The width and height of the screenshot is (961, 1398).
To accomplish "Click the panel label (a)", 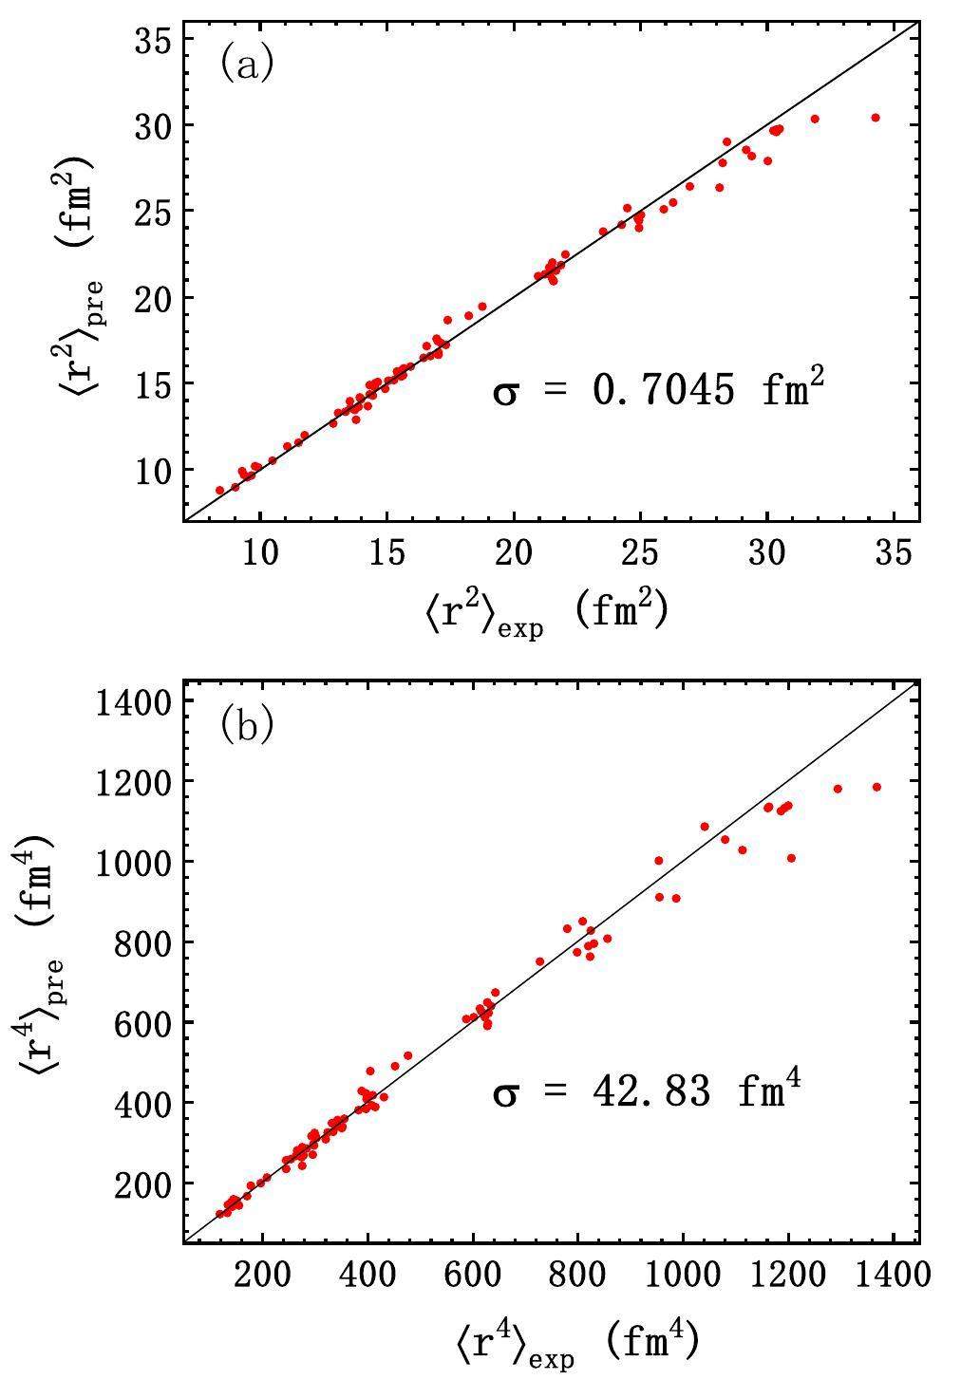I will click(x=247, y=65).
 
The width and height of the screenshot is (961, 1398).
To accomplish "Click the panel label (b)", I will click(x=247, y=726).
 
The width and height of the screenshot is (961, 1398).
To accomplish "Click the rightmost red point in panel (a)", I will click(x=876, y=118).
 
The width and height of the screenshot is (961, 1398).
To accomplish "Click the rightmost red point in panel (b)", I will click(x=876, y=787).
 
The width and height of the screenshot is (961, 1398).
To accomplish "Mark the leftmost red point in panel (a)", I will click(x=220, y=491).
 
